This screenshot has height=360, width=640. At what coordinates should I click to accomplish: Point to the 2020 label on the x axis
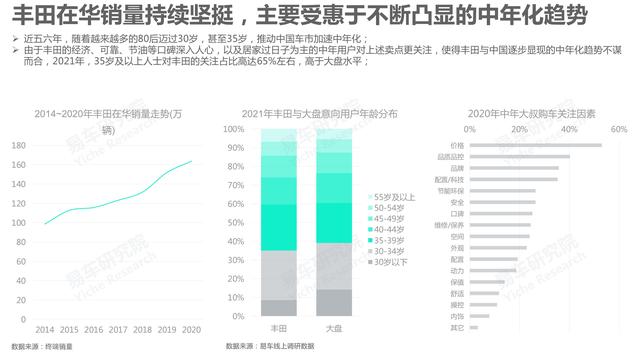pos(192,328)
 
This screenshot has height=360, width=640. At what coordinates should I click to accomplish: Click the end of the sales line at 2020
pos(192,161)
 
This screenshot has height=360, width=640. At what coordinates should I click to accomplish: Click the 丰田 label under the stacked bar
pos(279,328)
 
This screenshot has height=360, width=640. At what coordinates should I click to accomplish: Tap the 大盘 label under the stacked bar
pos(335,328)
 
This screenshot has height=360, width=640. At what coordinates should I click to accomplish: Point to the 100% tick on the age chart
pos(232,130)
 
